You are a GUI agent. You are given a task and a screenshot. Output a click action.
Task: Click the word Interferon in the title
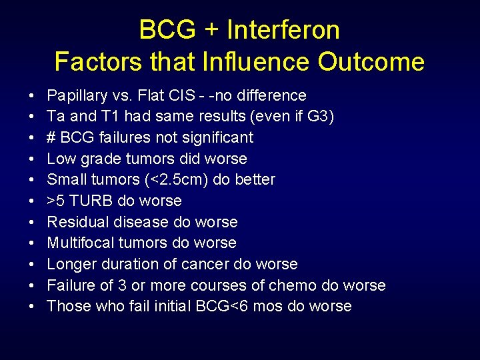[283, 30]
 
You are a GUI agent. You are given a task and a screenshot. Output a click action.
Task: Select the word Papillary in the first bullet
[75, 96]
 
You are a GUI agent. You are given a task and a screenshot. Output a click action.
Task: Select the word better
[256, 180]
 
